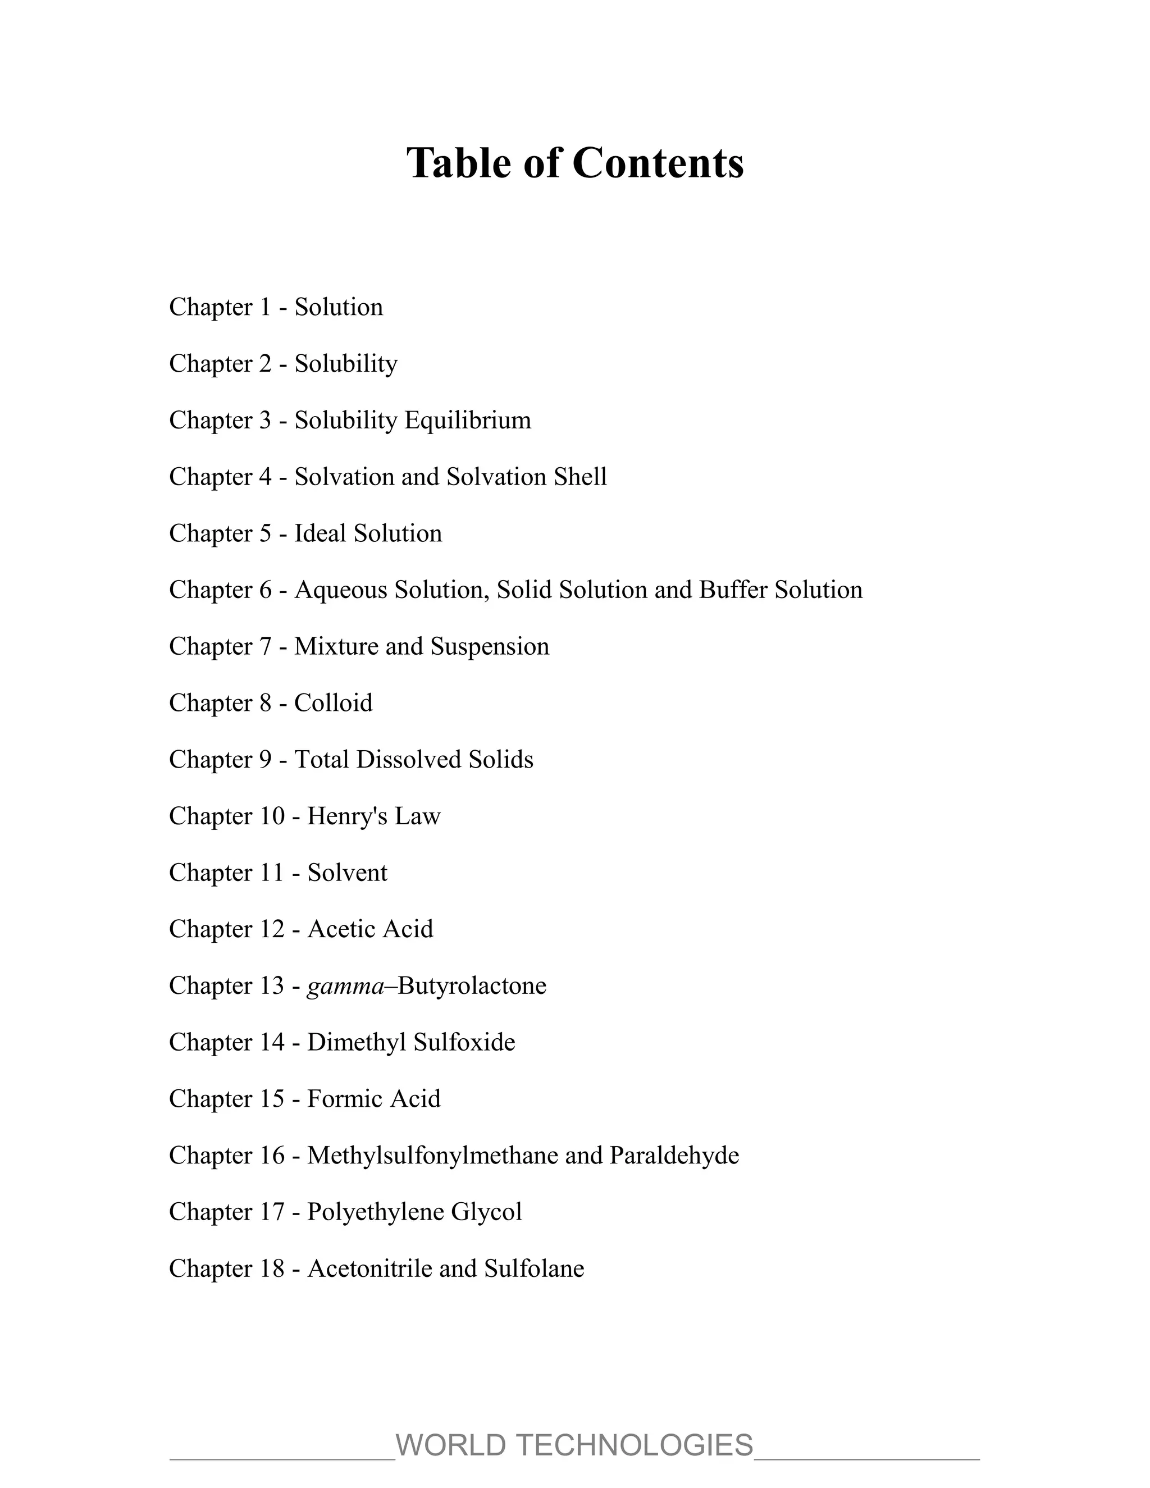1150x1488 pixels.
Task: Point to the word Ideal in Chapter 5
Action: point(320,533)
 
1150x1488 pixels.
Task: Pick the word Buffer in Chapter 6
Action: point(733,590)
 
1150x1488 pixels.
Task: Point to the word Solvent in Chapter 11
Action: point(347,873)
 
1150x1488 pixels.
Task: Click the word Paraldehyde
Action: point(674,1156)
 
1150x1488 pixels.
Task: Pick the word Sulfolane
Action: point(534,1268)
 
